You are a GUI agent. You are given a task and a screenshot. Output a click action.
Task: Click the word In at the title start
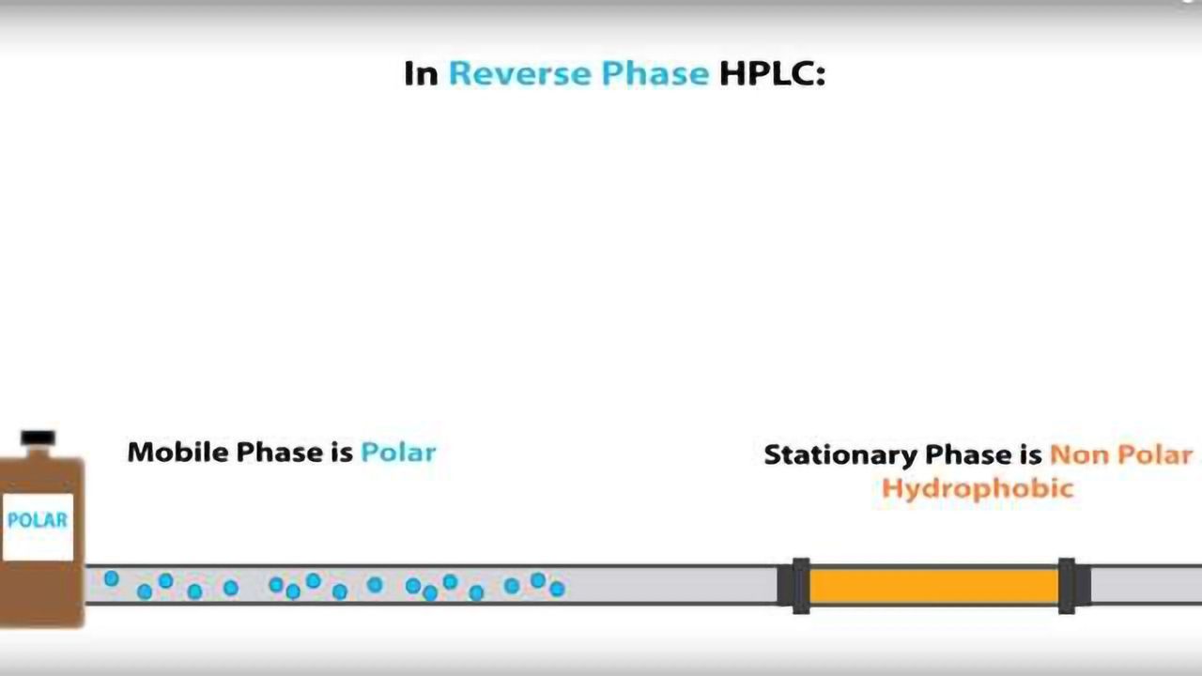(421, 73)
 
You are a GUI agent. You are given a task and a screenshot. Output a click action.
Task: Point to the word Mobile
(177, 452)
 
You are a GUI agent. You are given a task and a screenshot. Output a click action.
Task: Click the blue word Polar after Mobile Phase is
(398, 452)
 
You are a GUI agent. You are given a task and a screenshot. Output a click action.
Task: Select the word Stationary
(840, 455)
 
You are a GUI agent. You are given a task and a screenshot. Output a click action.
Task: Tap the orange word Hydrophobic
(977, 488)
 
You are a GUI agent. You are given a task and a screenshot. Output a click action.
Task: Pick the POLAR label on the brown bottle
(38, 520)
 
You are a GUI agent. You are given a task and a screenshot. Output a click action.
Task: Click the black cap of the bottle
(38, 438)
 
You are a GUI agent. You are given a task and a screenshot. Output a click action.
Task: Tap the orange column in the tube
(933, 586)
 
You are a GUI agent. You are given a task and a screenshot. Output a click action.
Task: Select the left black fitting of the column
(799, 586)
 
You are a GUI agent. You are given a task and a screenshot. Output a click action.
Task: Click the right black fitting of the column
(1067, 586)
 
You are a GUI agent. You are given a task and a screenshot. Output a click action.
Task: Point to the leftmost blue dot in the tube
(111, 578)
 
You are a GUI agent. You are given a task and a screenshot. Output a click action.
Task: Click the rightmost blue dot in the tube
(557, 589)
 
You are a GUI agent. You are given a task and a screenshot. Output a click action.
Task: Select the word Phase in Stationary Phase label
(967, 455)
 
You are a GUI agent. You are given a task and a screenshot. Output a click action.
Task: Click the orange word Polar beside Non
(1159, 455)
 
